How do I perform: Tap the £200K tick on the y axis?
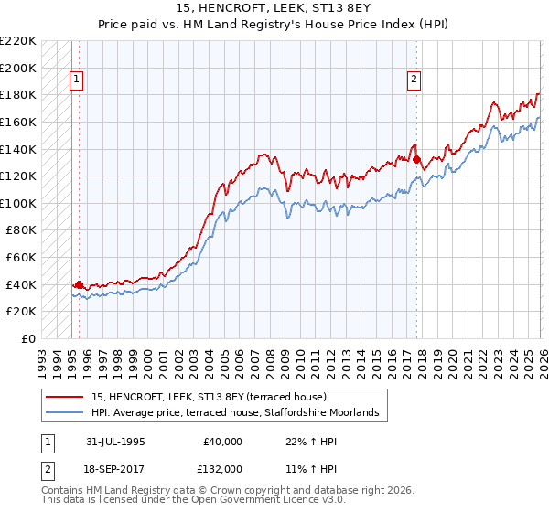pos(19,68)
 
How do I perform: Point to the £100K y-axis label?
pos(19,203)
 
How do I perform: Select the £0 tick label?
pos(28,338)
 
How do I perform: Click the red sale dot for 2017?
pos(417,159)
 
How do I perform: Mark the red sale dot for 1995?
pos(80,284)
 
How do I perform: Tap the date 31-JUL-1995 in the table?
pos(114,441)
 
